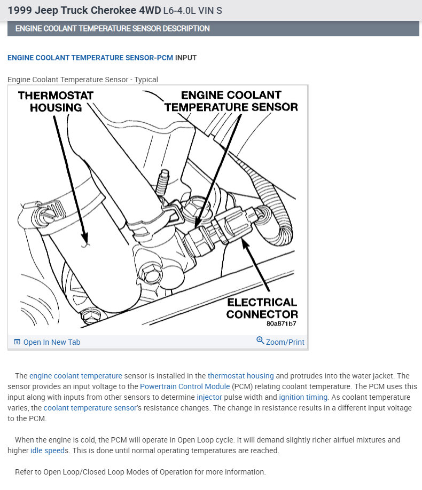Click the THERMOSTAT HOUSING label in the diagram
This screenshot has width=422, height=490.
click(x=55, y=101)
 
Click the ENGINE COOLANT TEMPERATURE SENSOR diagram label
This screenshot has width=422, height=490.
click(x=231, y=101)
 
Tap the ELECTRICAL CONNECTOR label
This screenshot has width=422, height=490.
click(x=262, y=308)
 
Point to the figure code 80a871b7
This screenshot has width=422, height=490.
click(x=281, y=323)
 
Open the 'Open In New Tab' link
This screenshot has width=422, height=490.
click(x=51, y=342)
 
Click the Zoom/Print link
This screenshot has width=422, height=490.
click(x=285, y=342)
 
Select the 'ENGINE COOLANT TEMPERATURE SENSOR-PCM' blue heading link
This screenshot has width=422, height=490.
click(x=90, y=58)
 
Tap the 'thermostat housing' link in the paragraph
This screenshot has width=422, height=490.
click(x=240, y=376)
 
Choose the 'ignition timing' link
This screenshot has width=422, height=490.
click(x=303, y=397)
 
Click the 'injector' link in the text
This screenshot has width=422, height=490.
click(x=210, y=397)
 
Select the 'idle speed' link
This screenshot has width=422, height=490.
click(x=48, y=451)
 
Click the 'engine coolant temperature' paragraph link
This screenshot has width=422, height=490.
click(x=76, y=376)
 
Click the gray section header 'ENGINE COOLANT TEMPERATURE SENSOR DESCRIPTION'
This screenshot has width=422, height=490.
click(x=112, y=28)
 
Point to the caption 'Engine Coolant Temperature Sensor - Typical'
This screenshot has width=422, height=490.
click(x=83, y=80)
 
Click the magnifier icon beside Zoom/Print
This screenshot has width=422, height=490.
click(x=260, y=341)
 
